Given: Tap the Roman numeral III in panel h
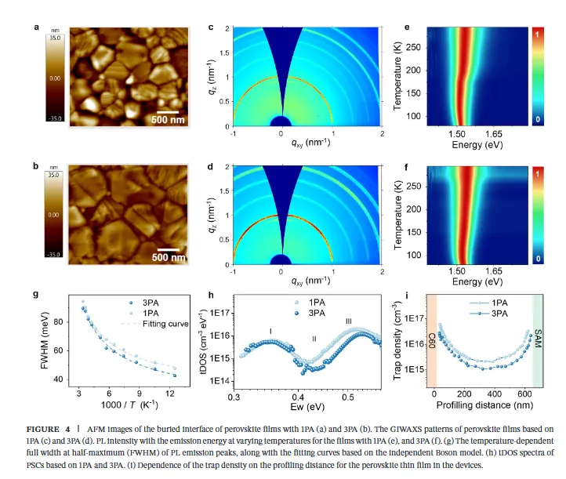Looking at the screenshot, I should [349, 321].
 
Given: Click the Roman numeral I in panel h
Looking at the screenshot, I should [270, 331].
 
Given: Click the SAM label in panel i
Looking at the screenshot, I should [538, 321].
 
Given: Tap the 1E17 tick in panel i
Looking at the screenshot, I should [414, 318].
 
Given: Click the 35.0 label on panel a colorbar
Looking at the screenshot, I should [54, 37].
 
